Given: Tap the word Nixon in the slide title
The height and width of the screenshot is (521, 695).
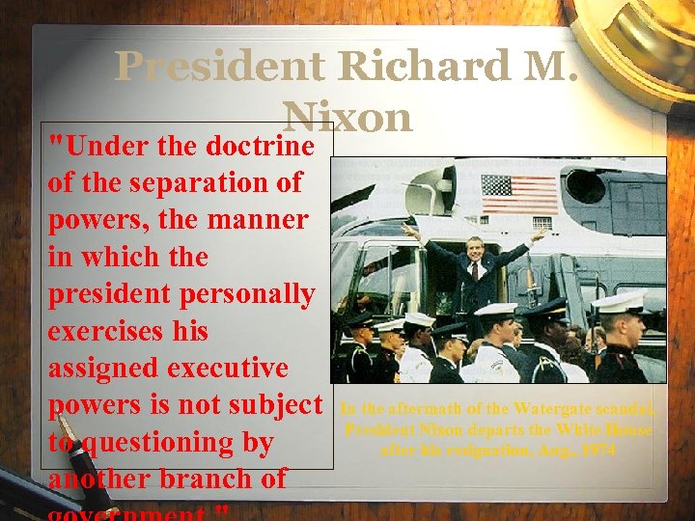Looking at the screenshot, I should click(x=347, y=118).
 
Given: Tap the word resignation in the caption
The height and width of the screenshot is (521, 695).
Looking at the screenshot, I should click(x=479, y=450).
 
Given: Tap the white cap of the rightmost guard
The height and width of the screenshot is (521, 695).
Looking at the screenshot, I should click(x=618, y=302).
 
